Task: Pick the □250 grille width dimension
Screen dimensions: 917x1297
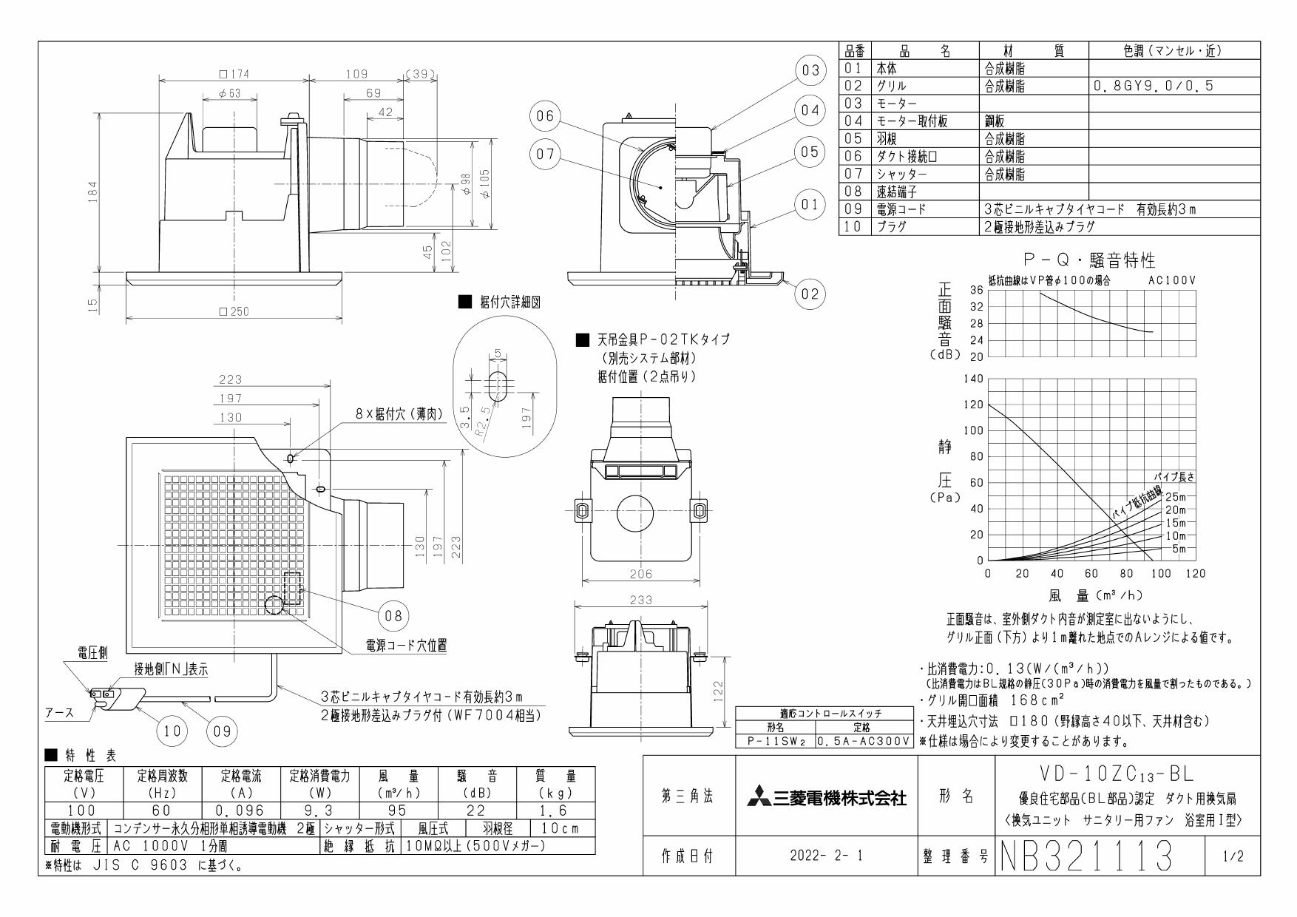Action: pyautogui.click(x=234, y=311)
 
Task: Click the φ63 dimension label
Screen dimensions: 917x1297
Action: pyautogui.click(x=229, y=94)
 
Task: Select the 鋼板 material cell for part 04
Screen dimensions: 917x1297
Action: pyautogui.click(x=995, y=121)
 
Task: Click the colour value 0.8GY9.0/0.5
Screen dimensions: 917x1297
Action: pyautogui.click(x=1154, y=86)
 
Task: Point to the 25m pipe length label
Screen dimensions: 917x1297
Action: pyautogui.click(x=1175, y=496)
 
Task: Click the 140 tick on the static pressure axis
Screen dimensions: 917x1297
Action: pyautogui.click(x=973, y=379)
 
